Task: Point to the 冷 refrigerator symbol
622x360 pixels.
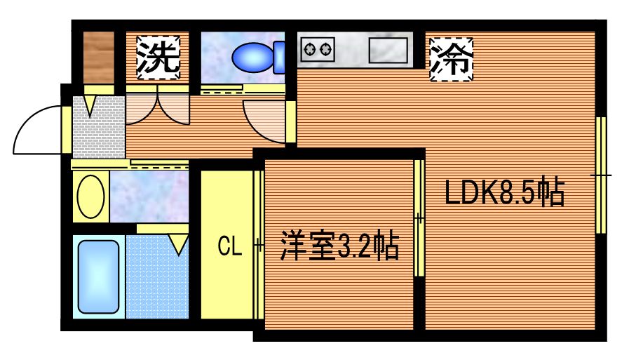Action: click(451, 57)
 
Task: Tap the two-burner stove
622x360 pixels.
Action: click(317, 49)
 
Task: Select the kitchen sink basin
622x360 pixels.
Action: click(388, 50)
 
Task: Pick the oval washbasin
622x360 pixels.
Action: click(91, 196)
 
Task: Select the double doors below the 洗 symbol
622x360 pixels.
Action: click(158, 109)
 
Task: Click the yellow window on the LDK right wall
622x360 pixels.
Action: click(601, 175)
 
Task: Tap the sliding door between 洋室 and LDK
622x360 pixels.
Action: click(419, 218)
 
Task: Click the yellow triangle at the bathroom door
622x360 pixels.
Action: click(179, 244)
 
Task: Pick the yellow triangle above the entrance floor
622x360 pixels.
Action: click(90, 105)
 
